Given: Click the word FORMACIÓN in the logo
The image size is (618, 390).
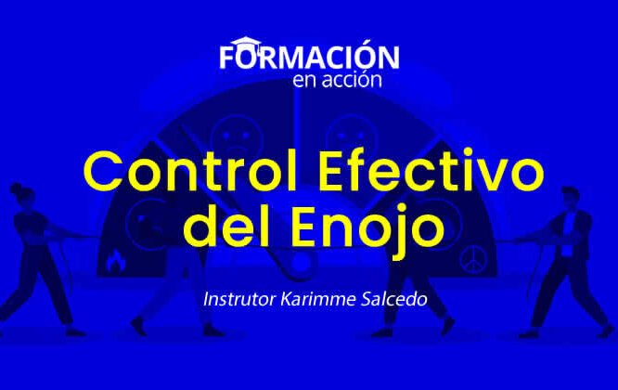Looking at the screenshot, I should coord(310,56).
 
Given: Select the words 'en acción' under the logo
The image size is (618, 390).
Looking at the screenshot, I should coord(336,79).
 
